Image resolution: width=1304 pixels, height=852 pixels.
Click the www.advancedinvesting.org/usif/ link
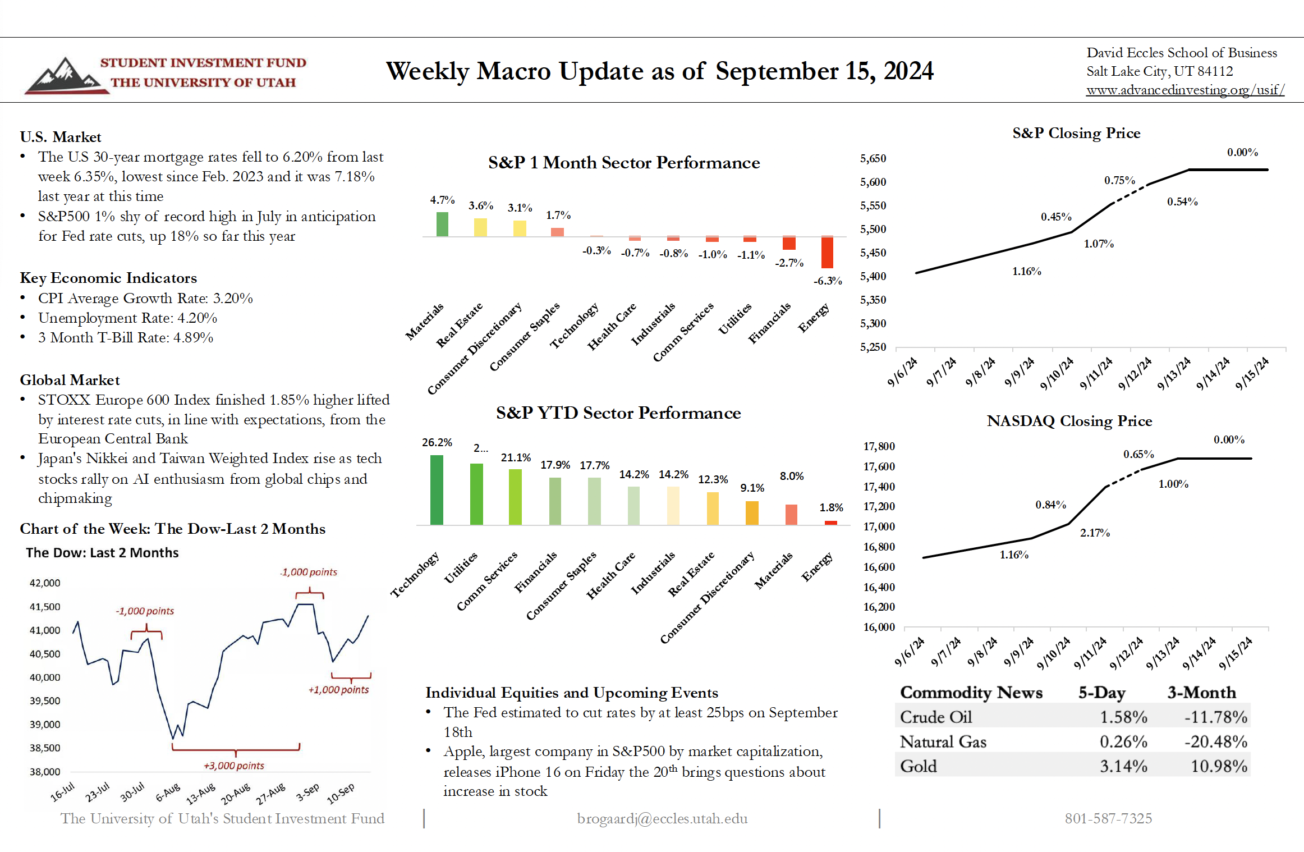1185,90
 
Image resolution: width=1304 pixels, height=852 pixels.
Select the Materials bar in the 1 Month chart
442,224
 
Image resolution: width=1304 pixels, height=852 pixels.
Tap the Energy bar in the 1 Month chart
827,253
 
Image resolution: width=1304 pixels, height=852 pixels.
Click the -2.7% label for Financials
789,263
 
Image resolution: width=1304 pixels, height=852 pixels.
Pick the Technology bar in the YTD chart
437,489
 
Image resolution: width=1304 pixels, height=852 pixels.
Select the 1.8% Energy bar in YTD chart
830,523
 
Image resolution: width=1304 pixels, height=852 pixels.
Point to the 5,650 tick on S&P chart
873,159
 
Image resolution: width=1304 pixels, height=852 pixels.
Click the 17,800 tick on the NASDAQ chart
879,446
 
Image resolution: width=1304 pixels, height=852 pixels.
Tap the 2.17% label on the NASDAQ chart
1095,533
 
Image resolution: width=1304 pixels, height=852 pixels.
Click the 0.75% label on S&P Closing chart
1119,180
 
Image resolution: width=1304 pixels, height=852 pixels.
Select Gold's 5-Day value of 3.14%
1123,766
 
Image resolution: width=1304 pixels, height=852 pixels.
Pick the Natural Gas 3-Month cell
1215,741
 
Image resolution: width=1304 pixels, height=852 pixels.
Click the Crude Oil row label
936,717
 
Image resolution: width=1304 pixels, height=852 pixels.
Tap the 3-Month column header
1201,692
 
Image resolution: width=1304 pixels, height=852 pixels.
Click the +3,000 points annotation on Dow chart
233,766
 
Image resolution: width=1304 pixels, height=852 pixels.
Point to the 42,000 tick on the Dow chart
45,583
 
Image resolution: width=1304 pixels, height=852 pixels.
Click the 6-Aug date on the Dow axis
168,792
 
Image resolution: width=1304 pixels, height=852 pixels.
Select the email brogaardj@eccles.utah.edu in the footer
662,818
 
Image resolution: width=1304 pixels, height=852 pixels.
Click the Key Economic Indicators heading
108,278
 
